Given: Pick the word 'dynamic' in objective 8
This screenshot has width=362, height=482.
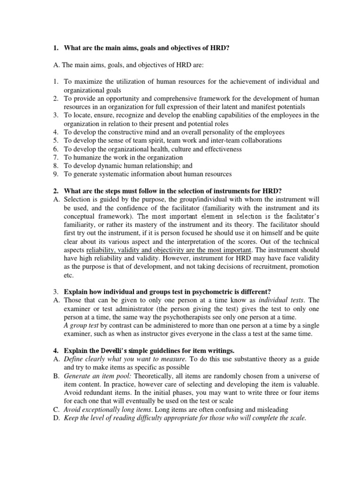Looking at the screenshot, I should coord(114,166).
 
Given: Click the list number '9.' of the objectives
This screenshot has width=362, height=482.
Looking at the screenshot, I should coord(55,174).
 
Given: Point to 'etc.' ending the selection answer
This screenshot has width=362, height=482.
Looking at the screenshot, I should coord(69,275).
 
